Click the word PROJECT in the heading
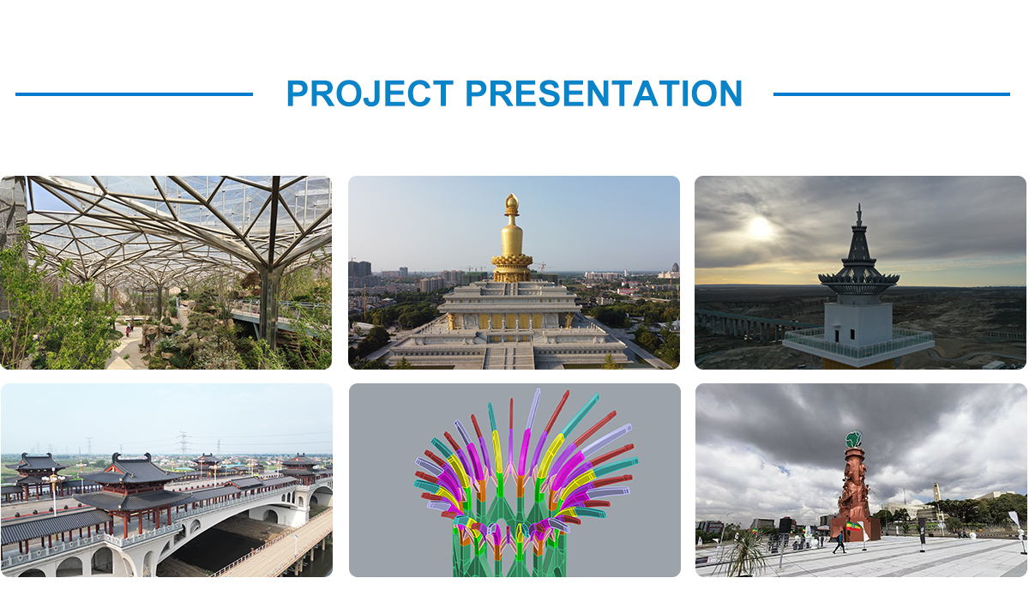(370, 93)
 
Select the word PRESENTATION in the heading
(604, 93)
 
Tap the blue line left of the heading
(134, 94)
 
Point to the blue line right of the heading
(892, 94)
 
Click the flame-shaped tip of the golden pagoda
(512, 201)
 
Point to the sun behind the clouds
(761, 228)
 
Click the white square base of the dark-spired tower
(858, 325)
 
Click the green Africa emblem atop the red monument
(853, 439)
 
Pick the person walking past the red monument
(839, 542)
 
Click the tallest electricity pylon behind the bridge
(184, 443)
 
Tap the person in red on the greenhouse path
(127, 331)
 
